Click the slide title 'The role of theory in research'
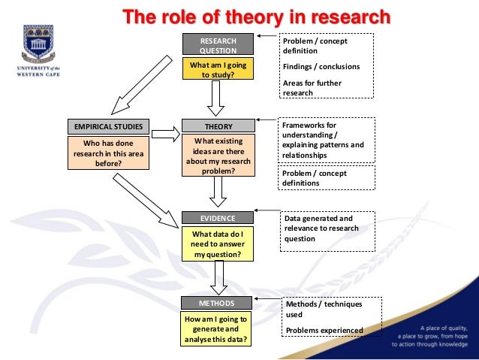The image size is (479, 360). coord(258,16)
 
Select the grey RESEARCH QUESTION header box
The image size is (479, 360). coord(218,44)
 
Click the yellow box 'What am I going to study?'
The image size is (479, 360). coord(218,69)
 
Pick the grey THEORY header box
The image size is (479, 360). coord(218,126)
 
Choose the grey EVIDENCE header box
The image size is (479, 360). coord(218,218)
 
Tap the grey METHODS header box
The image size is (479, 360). coord(218,303)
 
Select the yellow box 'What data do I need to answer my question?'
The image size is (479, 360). coord(218,244)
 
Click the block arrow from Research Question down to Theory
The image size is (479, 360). coord(218,97)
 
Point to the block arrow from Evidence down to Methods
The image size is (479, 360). coord(218,278)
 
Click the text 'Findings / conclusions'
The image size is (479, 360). coord(321,67)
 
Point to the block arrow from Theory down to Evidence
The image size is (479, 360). coord(218,192)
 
